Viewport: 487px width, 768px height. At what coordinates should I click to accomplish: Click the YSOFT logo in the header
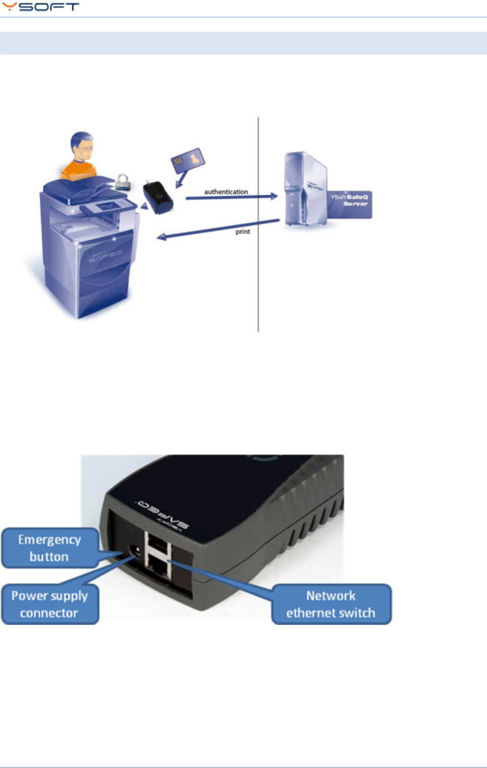pos(40,7)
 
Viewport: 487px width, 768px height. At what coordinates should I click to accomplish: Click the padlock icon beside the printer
pos(122,182)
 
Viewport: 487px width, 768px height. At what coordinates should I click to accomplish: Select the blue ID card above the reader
pos(187,161)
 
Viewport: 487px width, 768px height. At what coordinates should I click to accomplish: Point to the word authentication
pos(226,192)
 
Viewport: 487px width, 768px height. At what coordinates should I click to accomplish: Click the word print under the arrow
pos(242,232)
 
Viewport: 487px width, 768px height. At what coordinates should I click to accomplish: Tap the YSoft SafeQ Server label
pos(350,200)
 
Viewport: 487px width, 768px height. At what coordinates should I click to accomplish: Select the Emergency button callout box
pos(50,548)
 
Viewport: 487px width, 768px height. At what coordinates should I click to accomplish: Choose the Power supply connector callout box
pos(50,604)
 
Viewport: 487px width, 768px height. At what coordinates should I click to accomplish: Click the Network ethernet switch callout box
pos(331,604)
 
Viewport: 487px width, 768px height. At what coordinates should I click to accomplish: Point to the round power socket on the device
pos(135,551)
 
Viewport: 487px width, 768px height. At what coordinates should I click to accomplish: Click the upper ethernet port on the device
pos(158,545)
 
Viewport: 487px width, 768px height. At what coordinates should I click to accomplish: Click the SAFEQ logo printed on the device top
pos(162,514)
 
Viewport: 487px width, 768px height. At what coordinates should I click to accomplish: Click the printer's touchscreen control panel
pos(109,206)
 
